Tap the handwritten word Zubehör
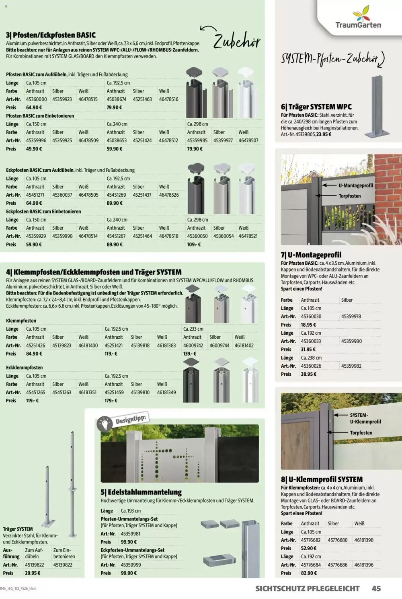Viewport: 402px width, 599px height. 237,41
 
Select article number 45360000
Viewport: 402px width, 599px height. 36,99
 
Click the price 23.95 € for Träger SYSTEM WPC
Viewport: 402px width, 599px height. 324,134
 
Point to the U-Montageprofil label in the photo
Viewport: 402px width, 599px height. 355,185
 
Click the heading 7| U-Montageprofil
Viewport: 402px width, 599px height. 311,255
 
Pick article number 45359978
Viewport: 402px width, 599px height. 351,317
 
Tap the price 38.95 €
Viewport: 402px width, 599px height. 308,374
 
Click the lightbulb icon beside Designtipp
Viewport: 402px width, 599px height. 105,424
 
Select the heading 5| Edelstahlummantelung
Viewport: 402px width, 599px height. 141,492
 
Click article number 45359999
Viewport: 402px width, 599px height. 131,565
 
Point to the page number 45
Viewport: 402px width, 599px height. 376,589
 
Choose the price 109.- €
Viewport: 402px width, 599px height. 194,245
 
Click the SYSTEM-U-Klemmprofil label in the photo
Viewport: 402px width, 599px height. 365,418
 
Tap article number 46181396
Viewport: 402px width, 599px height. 363,565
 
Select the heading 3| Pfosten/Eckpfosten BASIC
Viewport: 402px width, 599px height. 51,35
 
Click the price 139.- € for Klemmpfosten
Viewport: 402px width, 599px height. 190,354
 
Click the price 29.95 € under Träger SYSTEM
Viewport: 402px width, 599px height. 33,573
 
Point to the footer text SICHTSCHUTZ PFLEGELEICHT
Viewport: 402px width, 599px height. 307,589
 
